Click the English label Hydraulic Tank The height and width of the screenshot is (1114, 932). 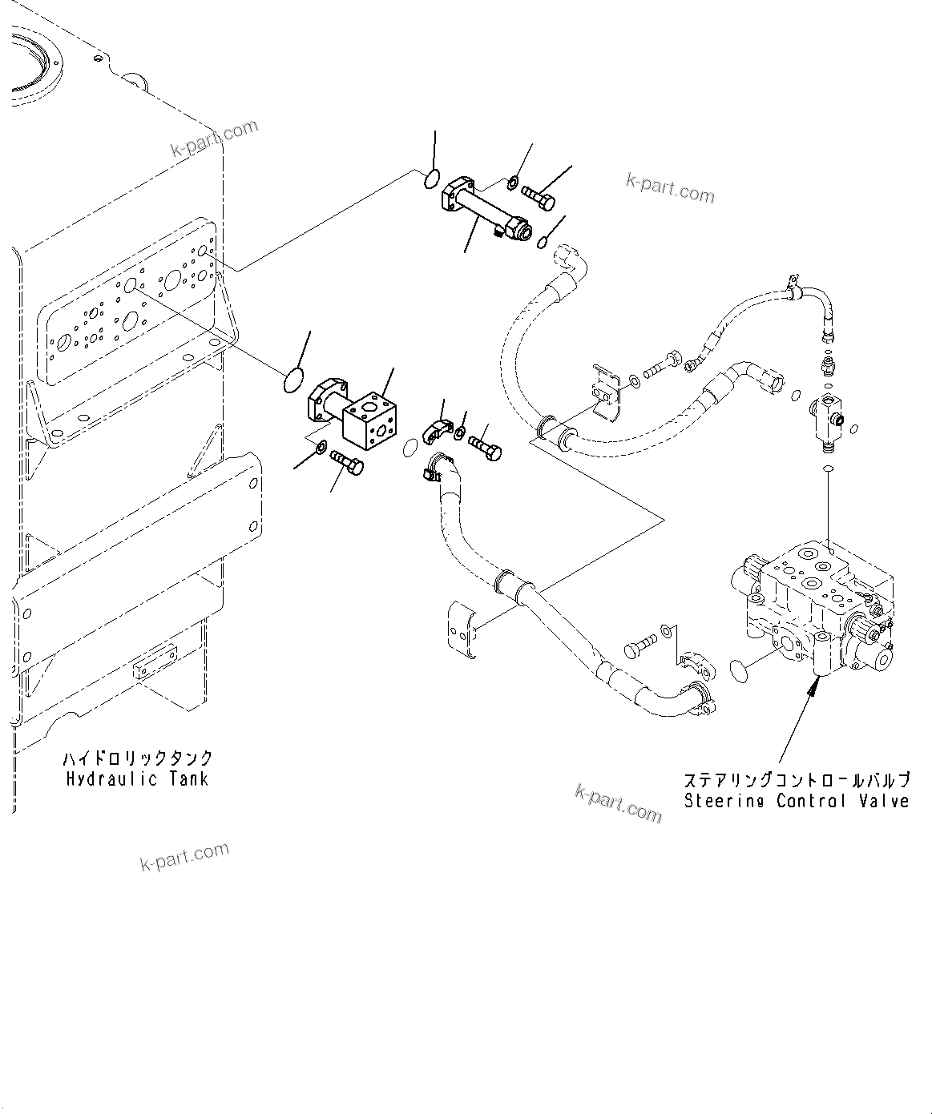pyautogui.click(x=137, y=778)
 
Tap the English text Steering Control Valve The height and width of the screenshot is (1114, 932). pyautogui.click(x=797, y=801)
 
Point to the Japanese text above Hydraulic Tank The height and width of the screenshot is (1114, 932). pyautogui.click(x=137, y=758)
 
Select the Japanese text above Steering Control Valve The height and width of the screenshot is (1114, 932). pyautogui.click(x=797, y=779)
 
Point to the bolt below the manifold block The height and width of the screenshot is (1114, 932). pyautogui.click(x=346, y=461)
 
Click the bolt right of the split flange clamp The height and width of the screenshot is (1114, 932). pyautogui.click(x=485, y=446)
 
